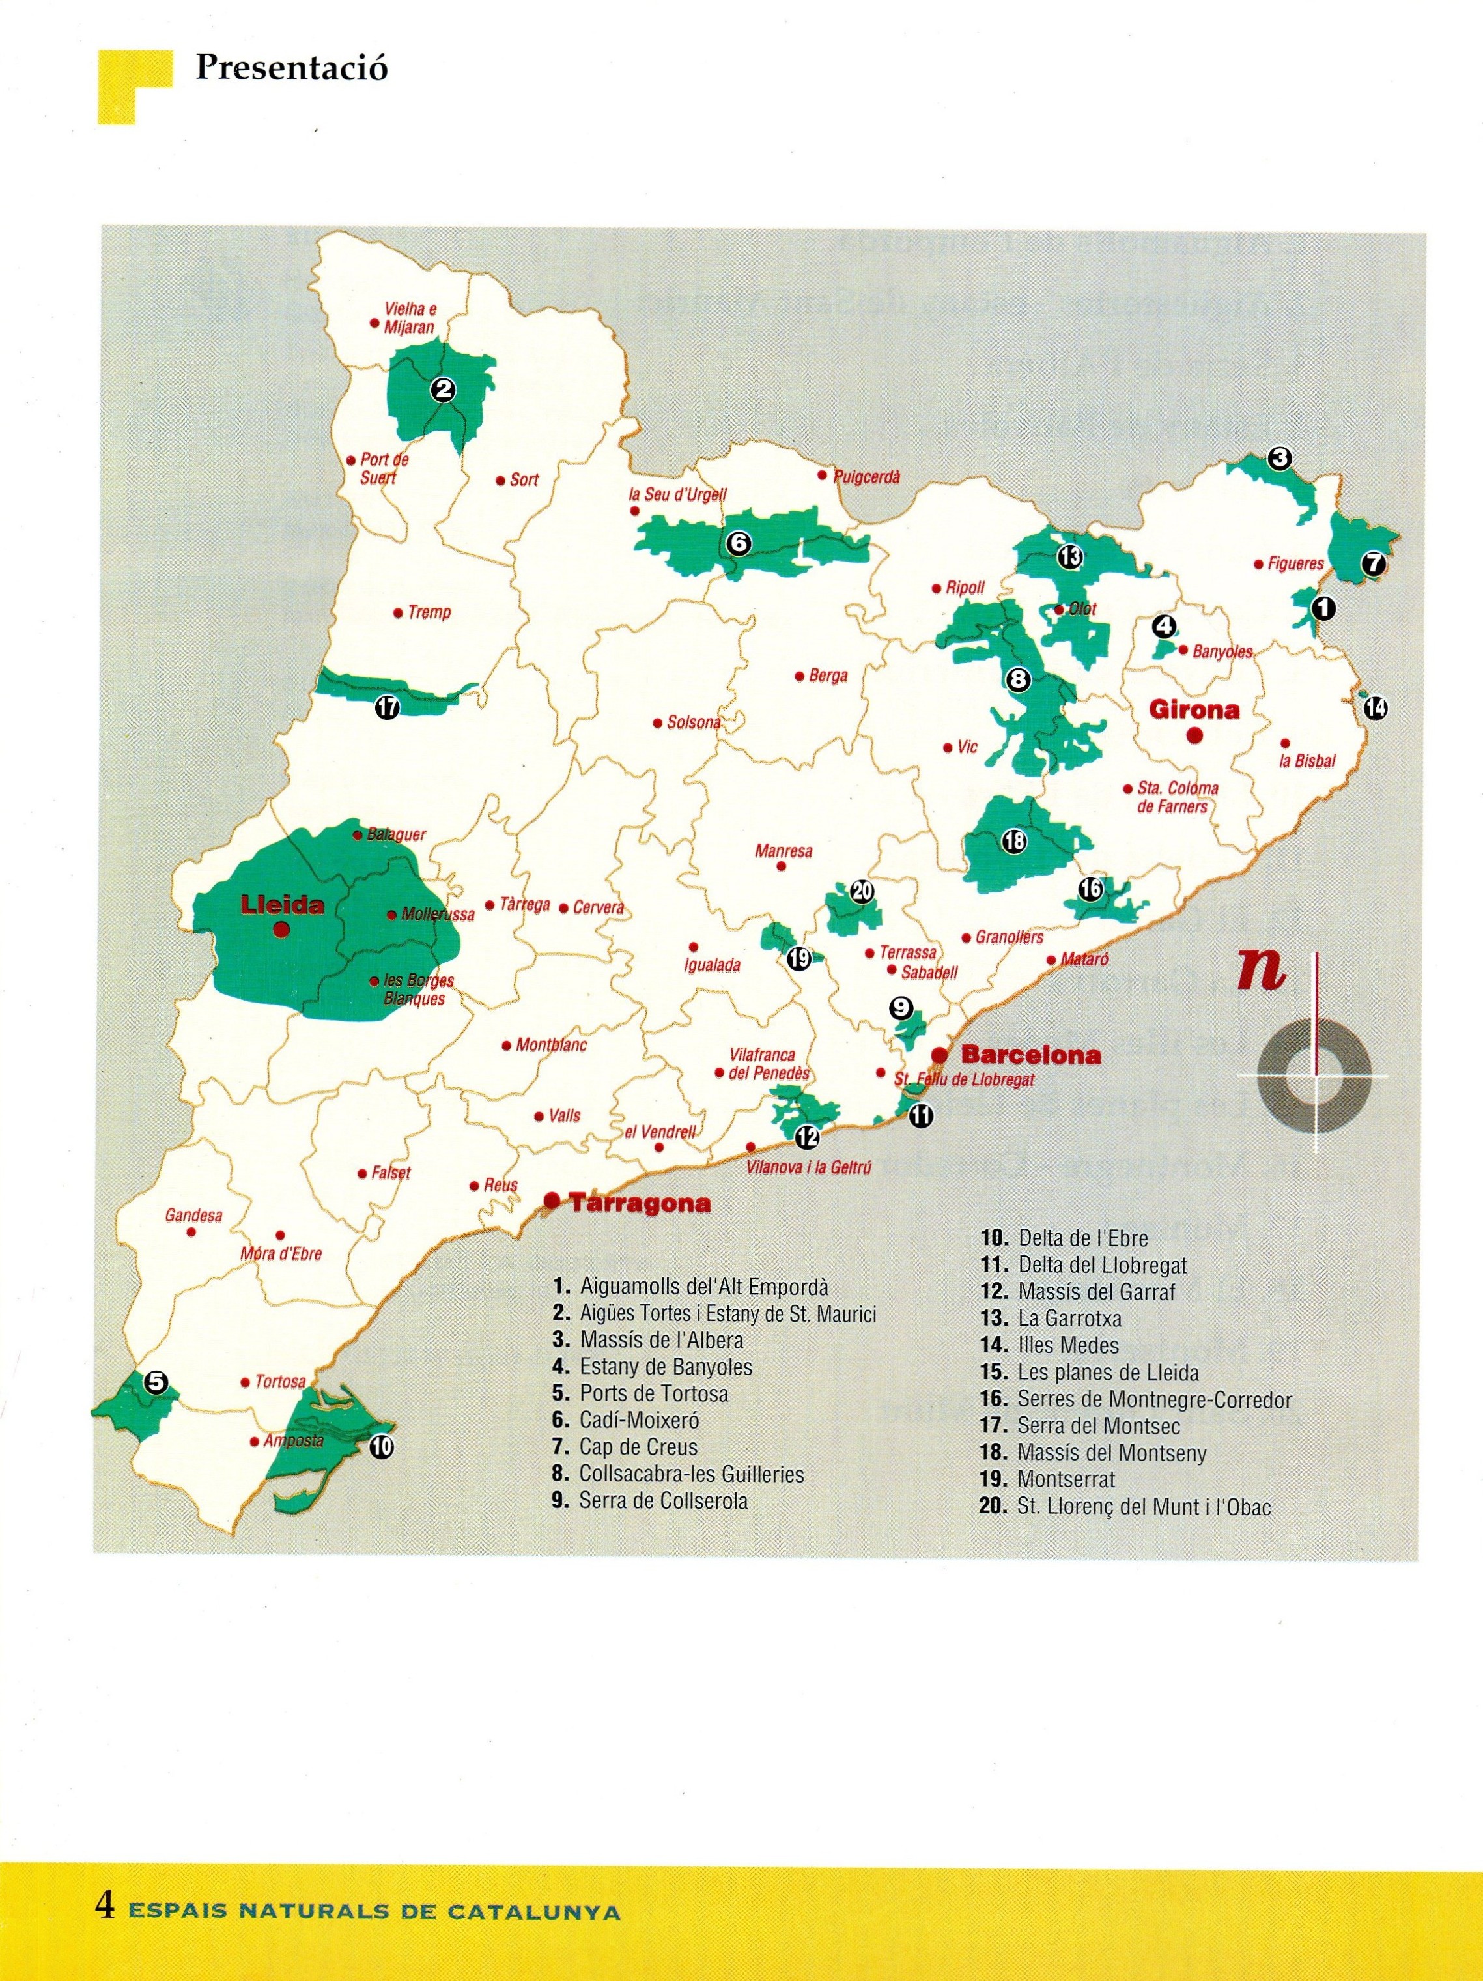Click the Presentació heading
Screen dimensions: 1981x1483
coord(291,68)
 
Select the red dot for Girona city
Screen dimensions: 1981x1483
coord(1193,735)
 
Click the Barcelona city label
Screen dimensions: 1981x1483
coord(1030,1054)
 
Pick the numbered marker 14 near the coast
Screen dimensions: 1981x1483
coord(1376,708)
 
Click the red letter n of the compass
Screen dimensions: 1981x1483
coord(1262,973)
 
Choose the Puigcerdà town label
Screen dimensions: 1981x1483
coord(866,477)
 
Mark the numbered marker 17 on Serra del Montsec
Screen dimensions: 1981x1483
coord(387,707)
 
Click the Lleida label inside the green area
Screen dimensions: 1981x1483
coord(282,905)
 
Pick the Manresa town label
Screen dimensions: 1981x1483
coord(784,850)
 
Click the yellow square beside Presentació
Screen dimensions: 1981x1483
coord(125,85)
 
